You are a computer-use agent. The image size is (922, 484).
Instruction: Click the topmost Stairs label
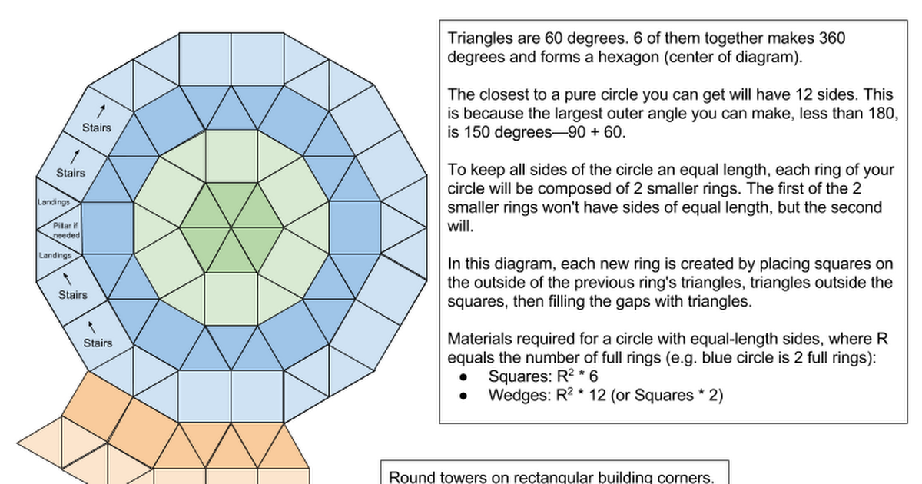pos(97,128)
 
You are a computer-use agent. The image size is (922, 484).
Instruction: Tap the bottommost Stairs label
pos(98,343)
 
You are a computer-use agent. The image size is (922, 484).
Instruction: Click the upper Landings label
pos(54,202)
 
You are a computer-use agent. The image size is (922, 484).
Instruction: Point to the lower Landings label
pos(55,255)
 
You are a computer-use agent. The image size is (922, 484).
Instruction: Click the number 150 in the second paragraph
pos(474,132)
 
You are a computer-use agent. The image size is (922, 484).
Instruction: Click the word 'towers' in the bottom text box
pos(460,477)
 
